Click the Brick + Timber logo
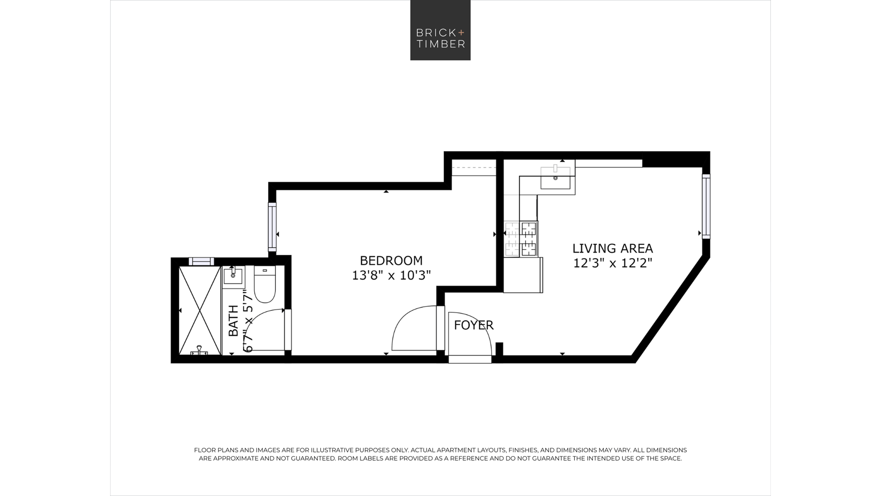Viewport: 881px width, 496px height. pyautogui.click(x=440, y=30)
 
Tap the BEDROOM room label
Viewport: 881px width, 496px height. pyautogui.click(x=391, y=261)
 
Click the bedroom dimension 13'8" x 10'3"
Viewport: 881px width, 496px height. pyautogui.click(x=391, y=276)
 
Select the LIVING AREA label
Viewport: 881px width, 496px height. pyautogui.click(x=612, y=248)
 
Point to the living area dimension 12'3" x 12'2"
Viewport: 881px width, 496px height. pyautogui.click(x=612, y=263)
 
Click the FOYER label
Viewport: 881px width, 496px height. pyautogui.click(x=474, y=325)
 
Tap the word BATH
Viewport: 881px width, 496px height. pyautogui.click(x=233, y=321)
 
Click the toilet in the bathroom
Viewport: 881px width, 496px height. pyautogui.click(x=265, y=284)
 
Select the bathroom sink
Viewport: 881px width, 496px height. pyautogui.click(x=233, y=276)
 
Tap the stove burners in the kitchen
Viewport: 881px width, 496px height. pyautogui.click(x=529, y=239)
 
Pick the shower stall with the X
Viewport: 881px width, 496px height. pyautogui.click(x=200, y=310)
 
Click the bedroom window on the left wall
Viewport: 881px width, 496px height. pyautogui.click(x=272, y=227)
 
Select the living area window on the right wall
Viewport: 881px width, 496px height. pyautogui.click(x=706, y=206)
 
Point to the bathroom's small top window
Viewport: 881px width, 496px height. pyautogui.click(x=201, y=261)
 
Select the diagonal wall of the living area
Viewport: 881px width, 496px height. pyautogui.click(x=670, y=309)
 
